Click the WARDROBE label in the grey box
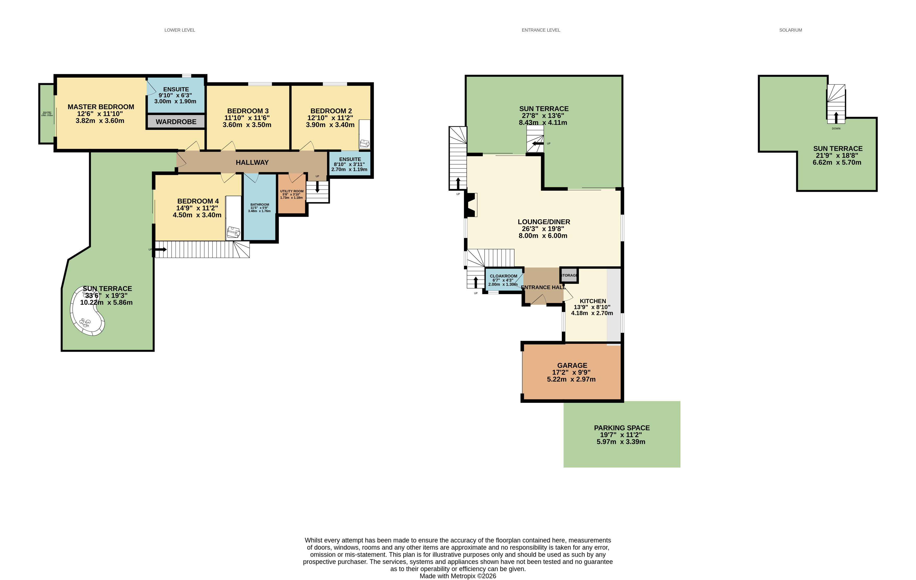[176, 122]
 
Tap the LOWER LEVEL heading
[179, 30]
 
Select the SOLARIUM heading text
[790, 30]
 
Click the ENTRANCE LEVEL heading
[541, 30]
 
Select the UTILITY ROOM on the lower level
[292, 194]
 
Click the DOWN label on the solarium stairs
[836, 129]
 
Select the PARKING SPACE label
[622, 428]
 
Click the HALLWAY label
[252, 163]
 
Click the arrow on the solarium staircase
[836, 118]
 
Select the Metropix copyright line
[458, 576]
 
